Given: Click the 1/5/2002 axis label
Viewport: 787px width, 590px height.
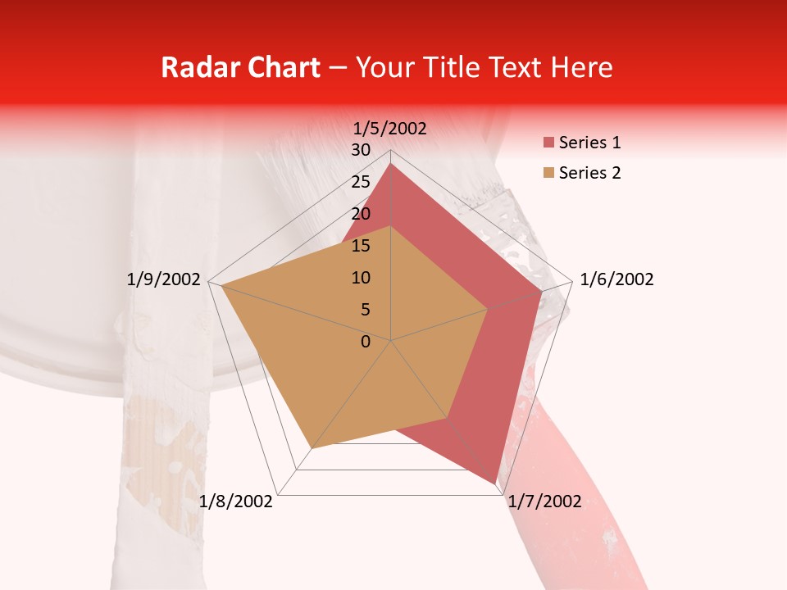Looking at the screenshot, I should pos(390,128).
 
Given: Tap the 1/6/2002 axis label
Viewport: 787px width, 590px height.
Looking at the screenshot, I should pos(616,279).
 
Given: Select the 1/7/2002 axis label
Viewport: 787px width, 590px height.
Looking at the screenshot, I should pos(544,501).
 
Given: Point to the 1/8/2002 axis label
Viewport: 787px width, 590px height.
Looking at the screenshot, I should pos(236,501).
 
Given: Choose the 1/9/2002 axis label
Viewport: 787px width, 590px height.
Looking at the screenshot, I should pos(164,279).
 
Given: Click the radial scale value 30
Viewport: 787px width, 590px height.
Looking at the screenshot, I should pos(361,150).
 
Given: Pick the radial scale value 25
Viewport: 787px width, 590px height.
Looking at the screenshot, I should pos(361,182).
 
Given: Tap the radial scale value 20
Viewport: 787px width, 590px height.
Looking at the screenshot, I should pos(361,214).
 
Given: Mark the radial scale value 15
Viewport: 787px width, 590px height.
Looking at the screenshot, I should pos(361,246).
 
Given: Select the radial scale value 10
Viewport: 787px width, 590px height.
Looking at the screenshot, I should pos(361,278).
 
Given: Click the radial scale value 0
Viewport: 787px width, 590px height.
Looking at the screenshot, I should pos(366,342).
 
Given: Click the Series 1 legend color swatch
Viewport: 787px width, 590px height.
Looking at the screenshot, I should pos(548,143).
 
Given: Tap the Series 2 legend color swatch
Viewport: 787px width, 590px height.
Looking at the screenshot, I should pos(548,173).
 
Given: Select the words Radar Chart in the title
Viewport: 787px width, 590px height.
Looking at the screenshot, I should pos(240,68).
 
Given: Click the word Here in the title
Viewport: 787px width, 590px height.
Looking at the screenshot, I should pos(581,68).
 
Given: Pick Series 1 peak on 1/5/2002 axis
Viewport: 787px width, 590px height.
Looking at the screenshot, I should pos(391,163).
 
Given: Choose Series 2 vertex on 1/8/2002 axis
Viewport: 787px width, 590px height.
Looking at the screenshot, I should pos(312,448).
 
